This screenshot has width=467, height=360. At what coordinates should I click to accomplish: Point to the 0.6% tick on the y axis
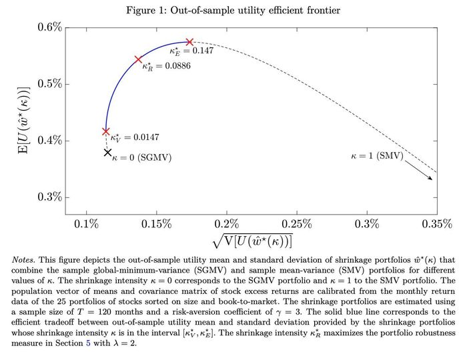point(49,27)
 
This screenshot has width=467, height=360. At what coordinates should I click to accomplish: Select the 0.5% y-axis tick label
point(49,84)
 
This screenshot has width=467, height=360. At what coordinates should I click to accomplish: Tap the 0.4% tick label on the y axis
point(49,141)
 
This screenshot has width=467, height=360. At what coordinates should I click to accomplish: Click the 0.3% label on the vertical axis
point(49,197)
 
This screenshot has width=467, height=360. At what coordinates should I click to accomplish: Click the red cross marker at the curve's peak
point(189,42)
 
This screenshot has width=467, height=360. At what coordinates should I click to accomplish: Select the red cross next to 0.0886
point(139,59)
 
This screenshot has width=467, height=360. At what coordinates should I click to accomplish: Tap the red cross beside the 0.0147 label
point(106,131)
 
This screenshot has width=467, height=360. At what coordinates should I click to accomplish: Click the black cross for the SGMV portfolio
point(107,153)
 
